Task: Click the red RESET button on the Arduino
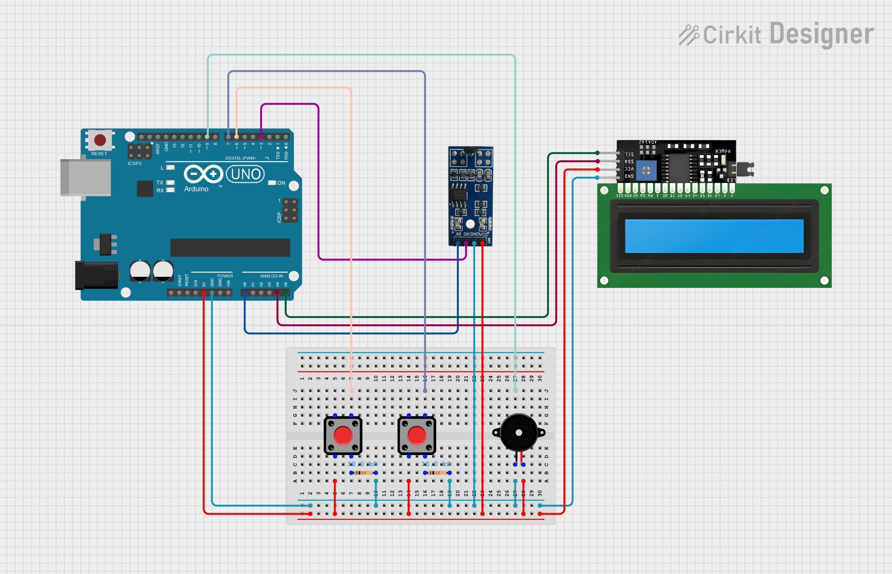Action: [100, 140]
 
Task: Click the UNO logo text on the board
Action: [246, 174]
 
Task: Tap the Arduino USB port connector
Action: [86, 178]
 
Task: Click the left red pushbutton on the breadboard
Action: [343, 435]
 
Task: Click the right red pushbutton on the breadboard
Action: [417, 435]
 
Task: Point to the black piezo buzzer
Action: [519, 433]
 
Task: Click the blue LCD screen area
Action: [714, 236]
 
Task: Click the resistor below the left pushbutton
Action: [364, 473]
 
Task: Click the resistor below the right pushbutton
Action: [437, 473]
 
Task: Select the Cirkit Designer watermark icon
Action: [689, 35]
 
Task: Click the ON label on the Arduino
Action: [281, 183]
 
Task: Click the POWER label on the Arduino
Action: [225, 276]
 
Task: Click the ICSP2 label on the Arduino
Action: [134, 163]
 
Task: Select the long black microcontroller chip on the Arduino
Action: [230, 247]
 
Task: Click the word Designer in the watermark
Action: [821, 34]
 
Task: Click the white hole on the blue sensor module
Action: [470, 224]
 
